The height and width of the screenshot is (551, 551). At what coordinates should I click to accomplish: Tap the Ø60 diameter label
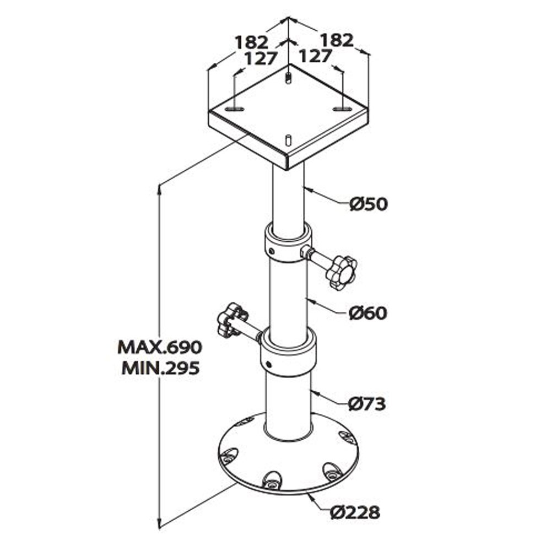point(368,313)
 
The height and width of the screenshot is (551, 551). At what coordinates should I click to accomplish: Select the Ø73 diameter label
point(367,404)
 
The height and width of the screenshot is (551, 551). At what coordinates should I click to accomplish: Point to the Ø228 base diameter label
point(355,512)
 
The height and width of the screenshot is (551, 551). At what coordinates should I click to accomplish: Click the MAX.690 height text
point(160,347)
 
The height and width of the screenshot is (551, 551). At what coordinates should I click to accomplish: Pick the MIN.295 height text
point(160,368)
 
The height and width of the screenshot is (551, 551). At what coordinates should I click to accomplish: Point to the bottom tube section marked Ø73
point(288,405)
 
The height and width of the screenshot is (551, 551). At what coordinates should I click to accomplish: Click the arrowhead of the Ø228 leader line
point(310,495)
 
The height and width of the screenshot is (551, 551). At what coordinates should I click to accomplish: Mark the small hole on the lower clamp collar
point(268,364)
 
